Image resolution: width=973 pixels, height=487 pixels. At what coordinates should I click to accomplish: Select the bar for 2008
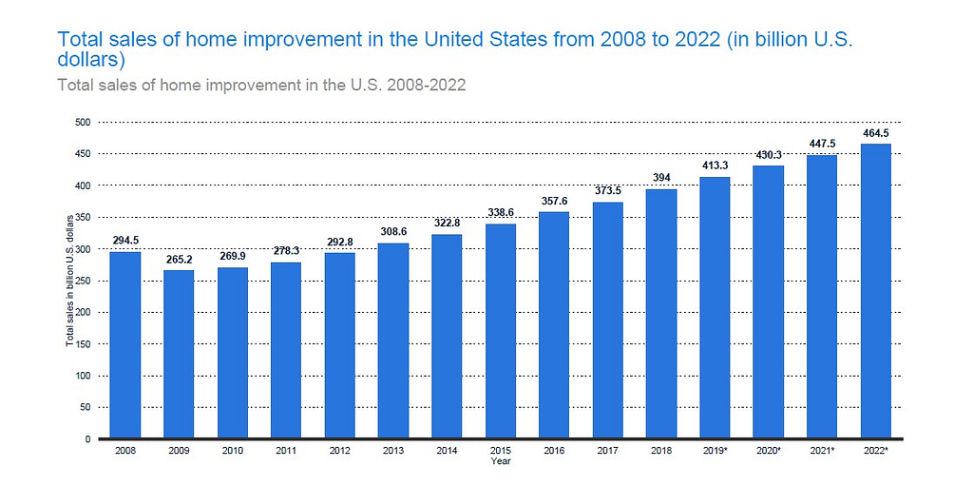(x=124, y=344)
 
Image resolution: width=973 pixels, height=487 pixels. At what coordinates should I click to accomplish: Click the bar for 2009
(x=179, y=354)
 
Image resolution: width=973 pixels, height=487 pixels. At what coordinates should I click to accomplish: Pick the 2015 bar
(x=501, y=331)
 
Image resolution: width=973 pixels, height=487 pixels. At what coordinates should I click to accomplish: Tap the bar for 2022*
(x=875, y=291)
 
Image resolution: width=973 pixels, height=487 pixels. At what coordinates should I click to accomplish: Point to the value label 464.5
(x=875, y=133)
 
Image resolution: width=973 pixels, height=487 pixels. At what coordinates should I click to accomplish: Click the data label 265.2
(x=179, y=259)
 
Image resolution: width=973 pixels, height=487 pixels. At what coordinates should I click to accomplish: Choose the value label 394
(x=661, y=178)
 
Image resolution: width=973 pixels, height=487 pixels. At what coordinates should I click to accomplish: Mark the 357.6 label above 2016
(x=554, y=202)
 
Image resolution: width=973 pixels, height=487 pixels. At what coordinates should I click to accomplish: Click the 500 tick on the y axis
(x=84, y=122)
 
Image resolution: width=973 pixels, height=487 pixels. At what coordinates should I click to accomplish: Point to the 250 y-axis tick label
(x=84, y=281)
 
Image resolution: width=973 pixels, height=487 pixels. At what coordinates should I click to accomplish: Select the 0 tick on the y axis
(x=87, y=439)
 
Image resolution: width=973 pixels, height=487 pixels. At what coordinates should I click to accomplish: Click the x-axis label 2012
(x=339, y=450)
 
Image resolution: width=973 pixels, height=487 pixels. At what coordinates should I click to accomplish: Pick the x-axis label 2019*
(x=715, y=450)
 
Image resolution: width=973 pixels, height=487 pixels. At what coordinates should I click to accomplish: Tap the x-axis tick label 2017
(x=607, y=450)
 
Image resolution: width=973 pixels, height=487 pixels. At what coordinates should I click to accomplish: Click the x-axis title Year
(x=500, y=461)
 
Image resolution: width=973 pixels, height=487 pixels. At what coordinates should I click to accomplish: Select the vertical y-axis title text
(x=69, y=281)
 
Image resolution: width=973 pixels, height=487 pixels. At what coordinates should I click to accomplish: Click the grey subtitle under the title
(x=261, y=85)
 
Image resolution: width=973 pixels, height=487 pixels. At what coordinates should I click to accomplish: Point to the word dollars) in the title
(x=91, y=60)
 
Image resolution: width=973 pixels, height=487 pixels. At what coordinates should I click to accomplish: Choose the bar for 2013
(x=393, y=341)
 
